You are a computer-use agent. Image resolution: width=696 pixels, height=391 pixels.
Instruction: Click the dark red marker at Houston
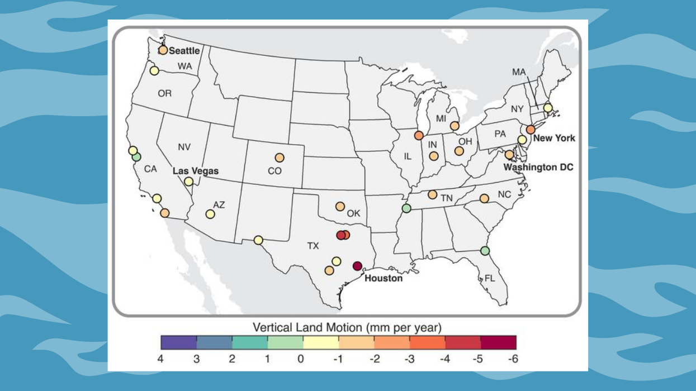click(x=358, y=266)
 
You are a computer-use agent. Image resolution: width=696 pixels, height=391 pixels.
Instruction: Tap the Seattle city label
click(x=184, y=51)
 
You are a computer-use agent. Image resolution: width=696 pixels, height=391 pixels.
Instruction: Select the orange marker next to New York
click(x=531, y=129)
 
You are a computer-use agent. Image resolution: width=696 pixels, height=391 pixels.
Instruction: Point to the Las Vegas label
click(x=195, y=171)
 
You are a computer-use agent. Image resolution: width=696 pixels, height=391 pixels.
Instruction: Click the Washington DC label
click(x=538, y=167)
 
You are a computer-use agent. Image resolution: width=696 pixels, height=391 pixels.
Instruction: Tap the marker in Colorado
click(x=279, y=158)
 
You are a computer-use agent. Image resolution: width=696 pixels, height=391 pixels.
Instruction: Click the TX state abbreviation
click(x=313, y=245)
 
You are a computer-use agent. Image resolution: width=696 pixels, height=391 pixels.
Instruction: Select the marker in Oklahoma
click(x=340, y=206)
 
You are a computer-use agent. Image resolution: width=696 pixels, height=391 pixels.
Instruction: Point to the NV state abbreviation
click(x=184, y=147)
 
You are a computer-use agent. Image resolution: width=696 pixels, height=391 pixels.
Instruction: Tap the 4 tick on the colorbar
click(x=161, y=359)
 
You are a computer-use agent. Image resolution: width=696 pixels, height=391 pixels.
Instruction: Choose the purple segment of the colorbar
click(x=178, y=342)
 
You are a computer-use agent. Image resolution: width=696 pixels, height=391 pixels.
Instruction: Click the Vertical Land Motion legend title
click(x=347, y=327)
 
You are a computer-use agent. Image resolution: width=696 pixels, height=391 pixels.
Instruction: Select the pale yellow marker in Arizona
click(x=210, y=213)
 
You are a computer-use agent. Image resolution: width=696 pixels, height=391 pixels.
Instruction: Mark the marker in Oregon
click(x=154, y=70)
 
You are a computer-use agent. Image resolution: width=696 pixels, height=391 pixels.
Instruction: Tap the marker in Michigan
click(x=454, y=126)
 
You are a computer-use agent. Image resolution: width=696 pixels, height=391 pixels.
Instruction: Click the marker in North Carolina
click(x=484, y=198)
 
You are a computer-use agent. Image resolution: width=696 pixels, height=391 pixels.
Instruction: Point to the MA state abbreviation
click(x=519, y=72)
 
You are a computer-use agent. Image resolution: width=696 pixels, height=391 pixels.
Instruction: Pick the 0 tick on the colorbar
click(x=301, y=359)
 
